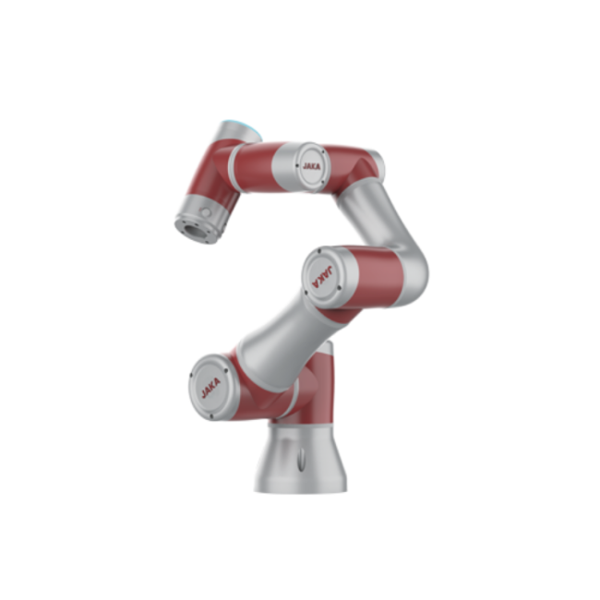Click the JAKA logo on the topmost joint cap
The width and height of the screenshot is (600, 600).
(x=311, y=166)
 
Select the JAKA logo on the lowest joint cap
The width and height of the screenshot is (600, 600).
(x=210, y=388)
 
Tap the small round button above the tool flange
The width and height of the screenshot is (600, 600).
(x=206, y=211)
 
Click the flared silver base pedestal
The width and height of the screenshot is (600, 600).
(x=301, y=459)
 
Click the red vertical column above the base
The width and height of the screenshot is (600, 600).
(x=320, y=383)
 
